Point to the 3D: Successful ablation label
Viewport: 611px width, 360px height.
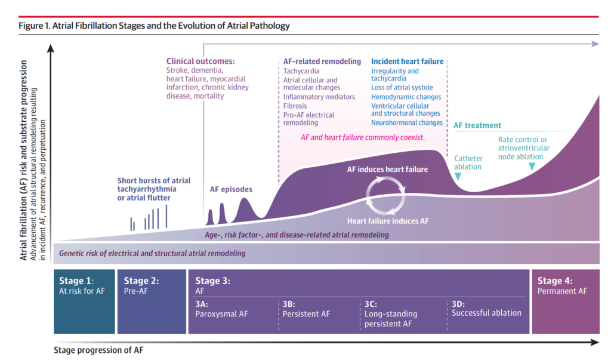click(486, 309)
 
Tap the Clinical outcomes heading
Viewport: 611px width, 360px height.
click(200, 61)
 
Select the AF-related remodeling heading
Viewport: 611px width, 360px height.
click(322, 61)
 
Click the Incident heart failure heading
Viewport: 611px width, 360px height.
click(407, 61)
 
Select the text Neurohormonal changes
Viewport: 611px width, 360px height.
click(407, 123)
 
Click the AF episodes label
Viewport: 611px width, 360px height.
click(231, 189)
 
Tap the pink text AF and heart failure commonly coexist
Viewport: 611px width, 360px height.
click(362, 137)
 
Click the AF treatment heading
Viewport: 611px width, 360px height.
click(477, 125)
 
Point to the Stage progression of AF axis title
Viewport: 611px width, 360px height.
click(98, 350)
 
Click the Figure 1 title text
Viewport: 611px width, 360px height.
click(154, 26)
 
